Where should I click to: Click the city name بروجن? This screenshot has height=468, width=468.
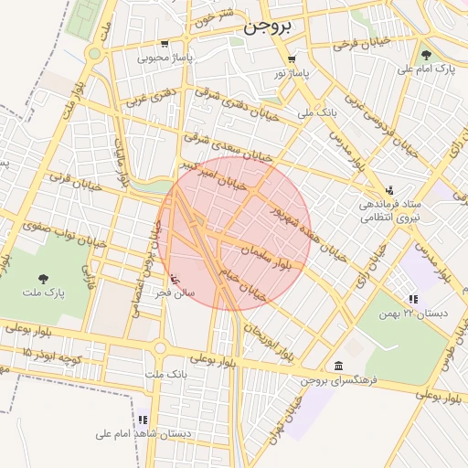tap(268, 27)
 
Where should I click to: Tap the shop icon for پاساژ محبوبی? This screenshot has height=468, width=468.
tap(165, 44)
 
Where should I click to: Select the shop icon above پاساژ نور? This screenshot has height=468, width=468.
tap(292, 59)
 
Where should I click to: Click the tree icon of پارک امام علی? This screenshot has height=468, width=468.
tap(426, 55)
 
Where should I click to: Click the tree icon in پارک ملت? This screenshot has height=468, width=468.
tap(44, 278)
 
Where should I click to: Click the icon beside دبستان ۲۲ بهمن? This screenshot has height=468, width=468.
tap(413, 298)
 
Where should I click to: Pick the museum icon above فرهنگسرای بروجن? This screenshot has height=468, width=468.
tap(338, 366)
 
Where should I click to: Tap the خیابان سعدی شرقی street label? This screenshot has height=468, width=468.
tap(229, 147)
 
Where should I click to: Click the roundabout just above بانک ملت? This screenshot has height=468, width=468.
tap(161, 347)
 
